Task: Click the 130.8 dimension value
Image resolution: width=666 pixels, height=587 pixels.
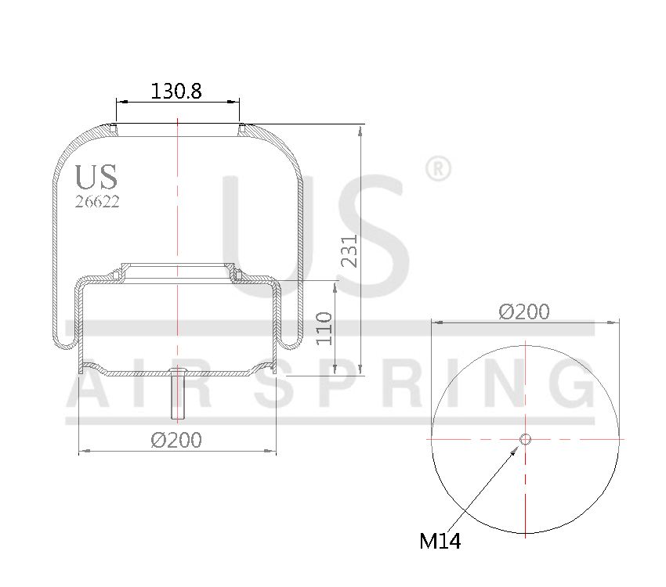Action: click(x=176, y=91)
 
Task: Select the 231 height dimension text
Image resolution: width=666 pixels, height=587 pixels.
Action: click(x=349, y=250)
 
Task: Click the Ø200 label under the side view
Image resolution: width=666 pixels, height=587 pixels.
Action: click(x=176, y=441)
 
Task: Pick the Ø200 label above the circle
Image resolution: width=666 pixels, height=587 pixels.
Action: click(x=524, y=312)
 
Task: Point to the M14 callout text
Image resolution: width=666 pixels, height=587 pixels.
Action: click(x=440, y=541)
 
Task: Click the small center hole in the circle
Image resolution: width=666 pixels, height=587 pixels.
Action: click(x=526, y=439)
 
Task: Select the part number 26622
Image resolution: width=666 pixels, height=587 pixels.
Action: click(x=97, y=201)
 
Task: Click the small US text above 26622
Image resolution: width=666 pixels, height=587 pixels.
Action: click(x=96, y=177)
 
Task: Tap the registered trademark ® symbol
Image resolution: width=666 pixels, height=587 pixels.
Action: click(x=437, y=168)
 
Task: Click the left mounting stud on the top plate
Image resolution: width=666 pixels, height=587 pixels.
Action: click(x=114, y=128)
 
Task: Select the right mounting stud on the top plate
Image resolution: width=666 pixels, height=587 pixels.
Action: click(x=241, y=128)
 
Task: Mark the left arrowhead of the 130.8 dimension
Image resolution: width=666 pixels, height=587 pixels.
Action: click(x=120, y=101)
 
